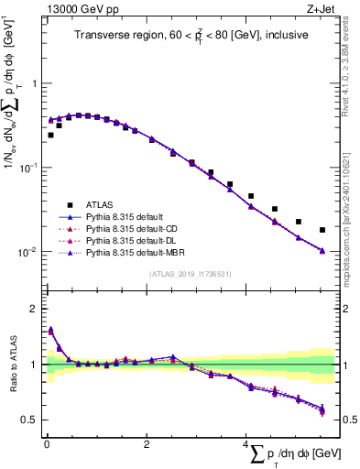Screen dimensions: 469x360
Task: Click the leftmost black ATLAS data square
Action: coord(51,135)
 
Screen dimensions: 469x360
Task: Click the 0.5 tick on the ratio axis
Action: coord(31,420)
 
